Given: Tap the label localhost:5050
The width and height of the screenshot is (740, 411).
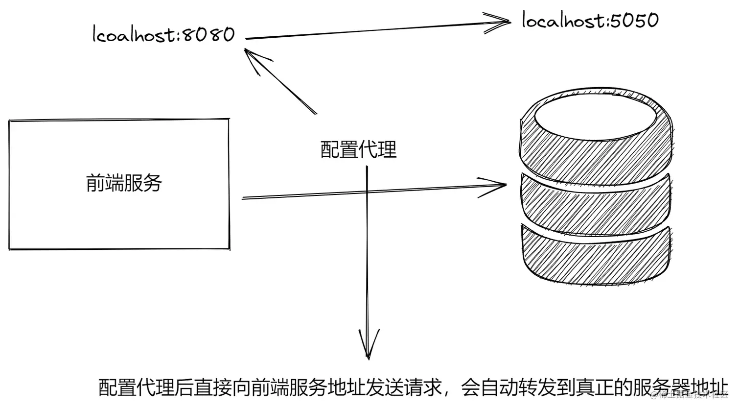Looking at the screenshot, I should pyautogui.click(x=590, y=21).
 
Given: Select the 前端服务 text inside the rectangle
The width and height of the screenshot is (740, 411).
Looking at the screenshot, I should pyautogui.click(x=124, y=183).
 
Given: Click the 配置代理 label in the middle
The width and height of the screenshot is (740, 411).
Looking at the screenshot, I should pyautogui.click(x=358, y=149).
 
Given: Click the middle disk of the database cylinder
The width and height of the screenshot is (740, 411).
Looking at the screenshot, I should pyautogui.click(x=596, y=203).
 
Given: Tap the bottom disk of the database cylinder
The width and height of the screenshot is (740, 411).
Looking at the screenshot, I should pyautogui.click(x=596, y=257).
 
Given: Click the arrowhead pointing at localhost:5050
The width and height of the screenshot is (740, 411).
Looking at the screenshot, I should pyautogui.click(x=504, y=22).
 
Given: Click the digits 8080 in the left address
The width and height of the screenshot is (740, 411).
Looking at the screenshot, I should pyautogui.click(x=209, y=35).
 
